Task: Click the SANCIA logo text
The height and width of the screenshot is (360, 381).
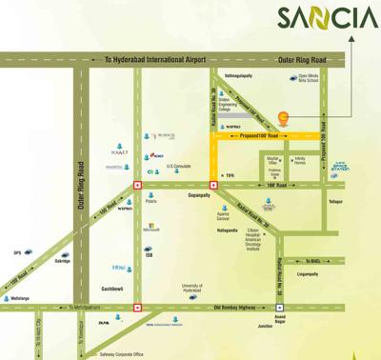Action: [x=328, y=18]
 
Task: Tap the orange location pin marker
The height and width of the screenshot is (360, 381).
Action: [x=282, y=119]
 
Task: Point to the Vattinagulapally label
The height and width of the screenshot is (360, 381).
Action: [x=238, y=74]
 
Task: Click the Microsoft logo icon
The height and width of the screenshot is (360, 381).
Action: [x=150, y=226]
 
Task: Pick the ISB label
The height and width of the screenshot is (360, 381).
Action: [x=149, y=254]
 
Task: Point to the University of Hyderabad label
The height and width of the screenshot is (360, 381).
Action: [x=192, y=288]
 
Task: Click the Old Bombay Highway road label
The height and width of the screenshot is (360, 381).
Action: [x=234, y=307]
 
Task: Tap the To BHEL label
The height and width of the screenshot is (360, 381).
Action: [x=313, y=259]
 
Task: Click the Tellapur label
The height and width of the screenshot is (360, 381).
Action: [x=336, y=202]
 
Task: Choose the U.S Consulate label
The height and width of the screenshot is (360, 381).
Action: [x=178, y=166]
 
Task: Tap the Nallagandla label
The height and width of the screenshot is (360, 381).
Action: [x=227, y=230]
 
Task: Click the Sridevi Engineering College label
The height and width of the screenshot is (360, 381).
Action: [x=231, y=105]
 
